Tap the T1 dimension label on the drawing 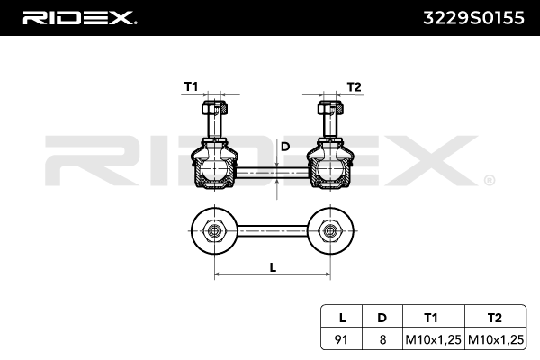(191, 87)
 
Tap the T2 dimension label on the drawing (354, 87)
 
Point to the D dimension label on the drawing (285, 146)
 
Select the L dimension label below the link (273, 266)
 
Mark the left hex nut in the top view (213, 230)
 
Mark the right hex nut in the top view (328, 230)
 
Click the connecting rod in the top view (270, 230)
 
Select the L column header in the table (341, 316)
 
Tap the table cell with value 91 (341, 338)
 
